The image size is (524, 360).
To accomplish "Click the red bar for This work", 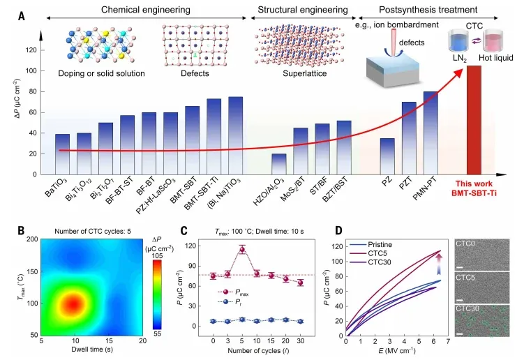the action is (x=474, y=120).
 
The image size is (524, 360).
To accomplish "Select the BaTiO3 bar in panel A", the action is (x=63, y=154).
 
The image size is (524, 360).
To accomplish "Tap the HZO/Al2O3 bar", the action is (x=279, y=164).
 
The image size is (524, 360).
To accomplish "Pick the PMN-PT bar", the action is (x=431, y=133).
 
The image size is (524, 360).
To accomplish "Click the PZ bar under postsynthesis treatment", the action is (x=387, y=156).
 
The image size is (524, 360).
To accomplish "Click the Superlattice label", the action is (x=304, y=73).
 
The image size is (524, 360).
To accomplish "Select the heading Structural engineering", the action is (x=303, y=10).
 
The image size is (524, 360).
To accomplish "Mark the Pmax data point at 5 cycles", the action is (x=242, y=249).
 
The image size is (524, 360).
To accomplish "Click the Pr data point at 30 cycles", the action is (x=301, y=321).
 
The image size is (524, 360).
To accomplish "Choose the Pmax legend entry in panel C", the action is (x=233, y=292).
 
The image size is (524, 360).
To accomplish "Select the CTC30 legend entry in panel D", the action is (x=370, y=262).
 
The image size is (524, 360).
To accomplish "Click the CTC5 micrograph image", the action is (x=483, y=288).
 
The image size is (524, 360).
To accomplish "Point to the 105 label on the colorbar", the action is (x=157, y=256).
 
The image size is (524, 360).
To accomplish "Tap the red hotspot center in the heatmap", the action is (x=73, y=304).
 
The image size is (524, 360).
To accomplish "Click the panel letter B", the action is (x=22, y=231).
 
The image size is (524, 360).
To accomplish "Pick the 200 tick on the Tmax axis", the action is (x=32, y=239).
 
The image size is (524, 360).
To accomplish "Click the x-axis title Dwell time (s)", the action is (x=92, y=350).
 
